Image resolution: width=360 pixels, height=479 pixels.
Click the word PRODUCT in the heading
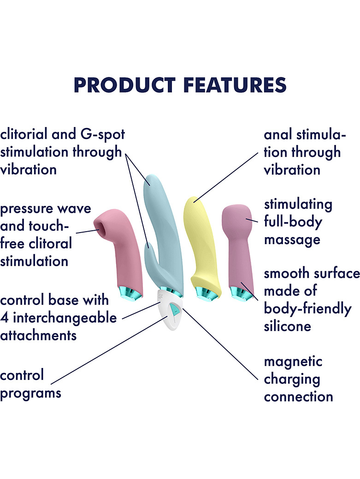coord(124,85)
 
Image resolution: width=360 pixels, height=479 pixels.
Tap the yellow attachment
coord(202,245)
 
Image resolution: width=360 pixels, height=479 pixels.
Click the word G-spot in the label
coord(103,134)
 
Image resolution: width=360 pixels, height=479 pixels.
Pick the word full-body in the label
coord(293,222)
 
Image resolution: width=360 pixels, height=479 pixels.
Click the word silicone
coord(288,326)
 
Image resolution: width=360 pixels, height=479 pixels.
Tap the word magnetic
coord(293,362)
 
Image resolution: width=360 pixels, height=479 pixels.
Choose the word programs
coord(30,393)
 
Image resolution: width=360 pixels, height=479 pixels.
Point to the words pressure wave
coord(46,209)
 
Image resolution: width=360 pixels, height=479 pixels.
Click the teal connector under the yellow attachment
coord(207,292)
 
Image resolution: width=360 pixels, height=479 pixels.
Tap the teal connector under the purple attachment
coord(242,293)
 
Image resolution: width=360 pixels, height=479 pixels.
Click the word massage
coord(292,240)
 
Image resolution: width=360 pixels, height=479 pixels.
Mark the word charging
coord(292,380)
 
